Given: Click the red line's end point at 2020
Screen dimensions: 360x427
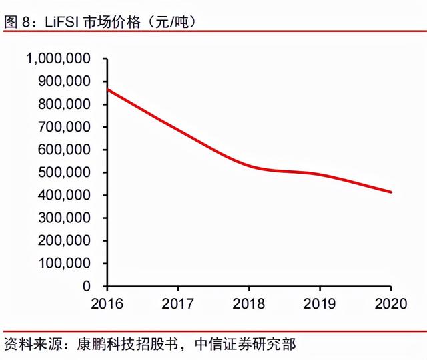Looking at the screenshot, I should (x=391, y=192).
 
